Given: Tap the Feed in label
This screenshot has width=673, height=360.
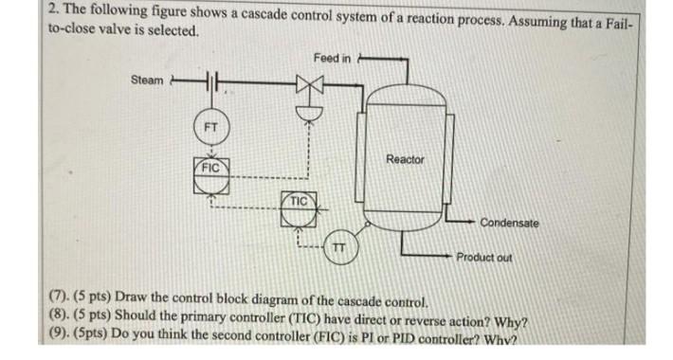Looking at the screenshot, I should tap(332, 58).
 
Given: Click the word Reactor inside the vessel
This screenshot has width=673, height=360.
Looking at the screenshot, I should tap(405, 159).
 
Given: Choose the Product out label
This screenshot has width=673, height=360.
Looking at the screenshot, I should tap(484, 257).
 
